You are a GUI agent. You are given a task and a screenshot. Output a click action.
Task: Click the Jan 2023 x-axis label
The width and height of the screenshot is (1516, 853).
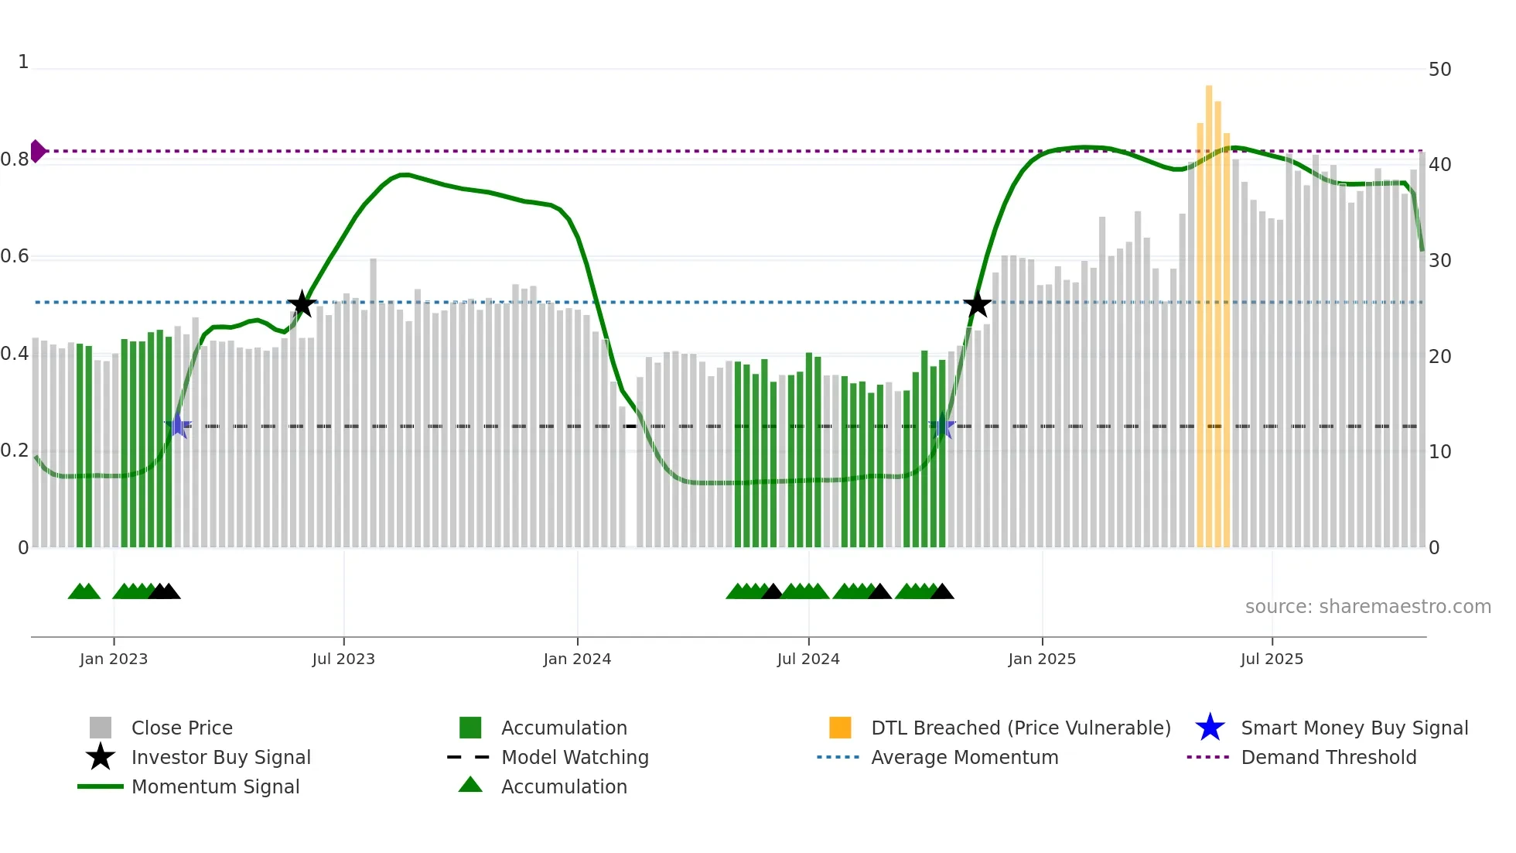pos(114,659)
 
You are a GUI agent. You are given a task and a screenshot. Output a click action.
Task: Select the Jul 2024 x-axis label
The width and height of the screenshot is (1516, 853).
pos(808,659)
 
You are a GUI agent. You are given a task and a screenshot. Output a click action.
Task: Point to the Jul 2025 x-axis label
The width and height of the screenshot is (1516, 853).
pos(1272,659)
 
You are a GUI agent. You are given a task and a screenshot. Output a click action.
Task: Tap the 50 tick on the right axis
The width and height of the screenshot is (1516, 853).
pos(1439,70)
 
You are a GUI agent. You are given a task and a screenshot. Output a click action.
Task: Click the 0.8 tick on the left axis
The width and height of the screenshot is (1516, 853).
pos(15,159)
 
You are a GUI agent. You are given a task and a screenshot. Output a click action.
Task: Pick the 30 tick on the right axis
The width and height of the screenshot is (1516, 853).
pos(1439,261)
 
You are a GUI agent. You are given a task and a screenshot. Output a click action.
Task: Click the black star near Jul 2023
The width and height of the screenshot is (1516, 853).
pos(302,304)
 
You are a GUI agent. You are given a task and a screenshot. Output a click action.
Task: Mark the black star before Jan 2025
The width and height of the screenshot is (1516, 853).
pos(977,304)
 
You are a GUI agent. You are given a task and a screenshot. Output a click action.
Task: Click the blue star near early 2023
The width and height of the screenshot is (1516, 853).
pos(178,426)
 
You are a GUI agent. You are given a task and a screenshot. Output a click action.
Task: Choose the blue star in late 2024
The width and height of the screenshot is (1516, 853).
pos(941,426)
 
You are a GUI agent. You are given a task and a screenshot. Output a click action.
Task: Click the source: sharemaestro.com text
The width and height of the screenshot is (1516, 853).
pos(1367,607)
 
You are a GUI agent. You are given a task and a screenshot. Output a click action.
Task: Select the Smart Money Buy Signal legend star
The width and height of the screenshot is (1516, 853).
pos(1210,728)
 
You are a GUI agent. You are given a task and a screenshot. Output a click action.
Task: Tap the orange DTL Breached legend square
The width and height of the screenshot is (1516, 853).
pos(840,728)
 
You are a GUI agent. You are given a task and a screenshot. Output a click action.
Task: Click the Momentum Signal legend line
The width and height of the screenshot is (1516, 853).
pos(101,786)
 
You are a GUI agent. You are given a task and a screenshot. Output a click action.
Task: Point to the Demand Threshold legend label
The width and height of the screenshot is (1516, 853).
pos(1328,757)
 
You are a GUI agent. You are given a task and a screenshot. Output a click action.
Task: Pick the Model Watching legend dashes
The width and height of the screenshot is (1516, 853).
pos(469,757)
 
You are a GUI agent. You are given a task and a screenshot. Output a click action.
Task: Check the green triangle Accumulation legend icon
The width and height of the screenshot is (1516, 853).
pos(470,785)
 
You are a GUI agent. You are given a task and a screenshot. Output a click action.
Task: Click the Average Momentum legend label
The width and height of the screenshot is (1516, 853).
pos(965,757)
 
